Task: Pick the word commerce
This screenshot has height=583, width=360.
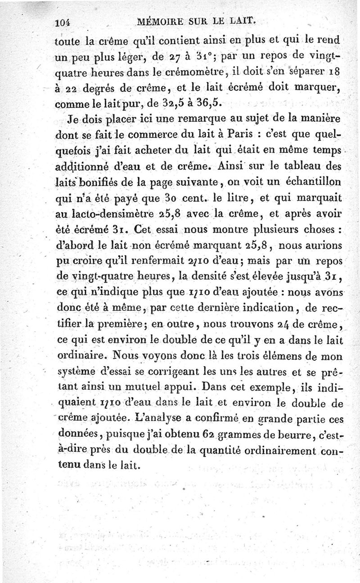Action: (x=155, y=134)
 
